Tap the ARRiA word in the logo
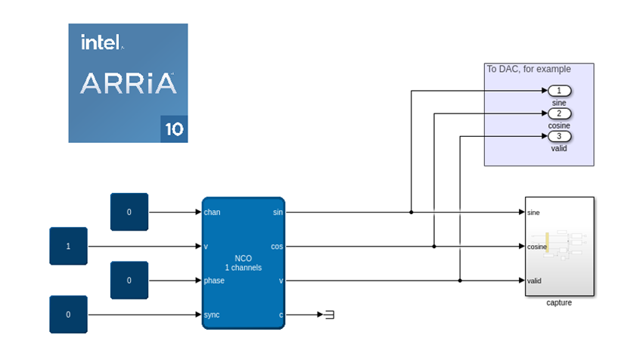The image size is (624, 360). pos(128,83)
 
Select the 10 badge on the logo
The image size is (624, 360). pos(174,129)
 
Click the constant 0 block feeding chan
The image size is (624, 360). pos(129,212)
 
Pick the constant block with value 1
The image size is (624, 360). pos(68,246)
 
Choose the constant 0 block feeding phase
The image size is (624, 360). pos(129,280)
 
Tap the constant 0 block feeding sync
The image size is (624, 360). pos(68,314)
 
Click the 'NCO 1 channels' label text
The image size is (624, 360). pos(243,263)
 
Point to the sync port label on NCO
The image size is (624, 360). pos(212,315)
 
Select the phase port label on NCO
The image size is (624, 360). pos(214,281)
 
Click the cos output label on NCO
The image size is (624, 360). pos(277,247)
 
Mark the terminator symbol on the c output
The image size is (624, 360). pos(329,315)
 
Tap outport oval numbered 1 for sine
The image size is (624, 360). pos(559,91)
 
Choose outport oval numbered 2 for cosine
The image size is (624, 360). pos(559,113)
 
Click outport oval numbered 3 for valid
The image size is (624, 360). pos(559,136)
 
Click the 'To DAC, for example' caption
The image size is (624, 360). pos(529,69)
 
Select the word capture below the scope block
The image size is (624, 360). pos(559,303)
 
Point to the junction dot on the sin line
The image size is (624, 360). pos(411,213)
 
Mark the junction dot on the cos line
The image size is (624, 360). pos(434,247)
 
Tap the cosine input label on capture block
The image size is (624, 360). pos(538,247)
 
